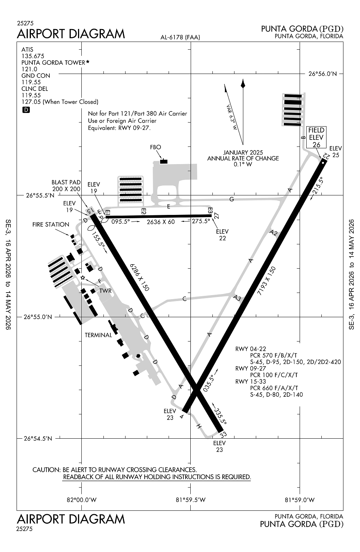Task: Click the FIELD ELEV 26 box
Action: pyautogui.click(x=316, y=137)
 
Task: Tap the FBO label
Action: pyautogui.click(x=156, y=147)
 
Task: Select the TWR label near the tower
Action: pyautogui.click(x=105, y=291)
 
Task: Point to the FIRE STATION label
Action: pyautogui.click(x=51, y=224)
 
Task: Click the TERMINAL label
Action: pyautogui.click(x=98, y=335)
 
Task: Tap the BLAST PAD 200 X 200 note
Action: pyautogui.click(x=66, y=185)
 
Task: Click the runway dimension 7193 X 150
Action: pyautogui.click(x=267, y=281)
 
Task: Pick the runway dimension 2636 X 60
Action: pyautogui.click(x=161, y=222)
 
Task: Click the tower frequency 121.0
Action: pyautogui.click(x=29, y=69)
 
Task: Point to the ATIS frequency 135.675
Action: pyautogui.click(x=33, y=56)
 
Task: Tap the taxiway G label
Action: pyautogui.click(x=232, y=199)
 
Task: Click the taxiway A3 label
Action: pyautogui.click(x=237, y=298)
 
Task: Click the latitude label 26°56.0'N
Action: pyautogui.click(x=322, y=74)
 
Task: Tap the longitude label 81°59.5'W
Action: pyautogui.click(x=190, y=500)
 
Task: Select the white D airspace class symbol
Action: pyautogui.click(x=26, y=110)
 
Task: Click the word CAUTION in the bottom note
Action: pyautogui.click(x=46, y=470)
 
